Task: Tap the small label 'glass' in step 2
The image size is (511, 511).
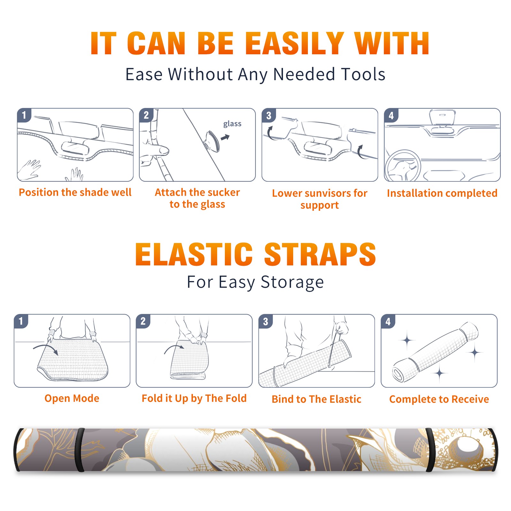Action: pos(232,124)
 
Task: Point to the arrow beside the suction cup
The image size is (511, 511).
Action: pos(225,137)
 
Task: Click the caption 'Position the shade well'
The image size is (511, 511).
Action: pos(75,192)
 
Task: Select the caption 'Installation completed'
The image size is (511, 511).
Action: pos(442,193)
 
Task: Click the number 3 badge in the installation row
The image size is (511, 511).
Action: pos(269,116)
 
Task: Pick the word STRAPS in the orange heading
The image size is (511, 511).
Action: pos(320,254)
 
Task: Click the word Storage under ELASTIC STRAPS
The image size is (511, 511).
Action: pos(292,282)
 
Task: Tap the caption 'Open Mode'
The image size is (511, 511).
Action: pos(72,398)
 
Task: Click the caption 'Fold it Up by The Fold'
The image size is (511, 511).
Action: pos(194,398)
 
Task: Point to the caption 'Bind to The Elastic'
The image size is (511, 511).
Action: pos(317,399)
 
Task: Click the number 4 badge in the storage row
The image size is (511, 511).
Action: pos(388,321)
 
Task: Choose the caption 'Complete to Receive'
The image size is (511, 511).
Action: pos(439,399)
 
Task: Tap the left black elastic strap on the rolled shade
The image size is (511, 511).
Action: pos(80,450)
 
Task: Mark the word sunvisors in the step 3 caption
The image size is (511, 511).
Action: pos(328,193)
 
